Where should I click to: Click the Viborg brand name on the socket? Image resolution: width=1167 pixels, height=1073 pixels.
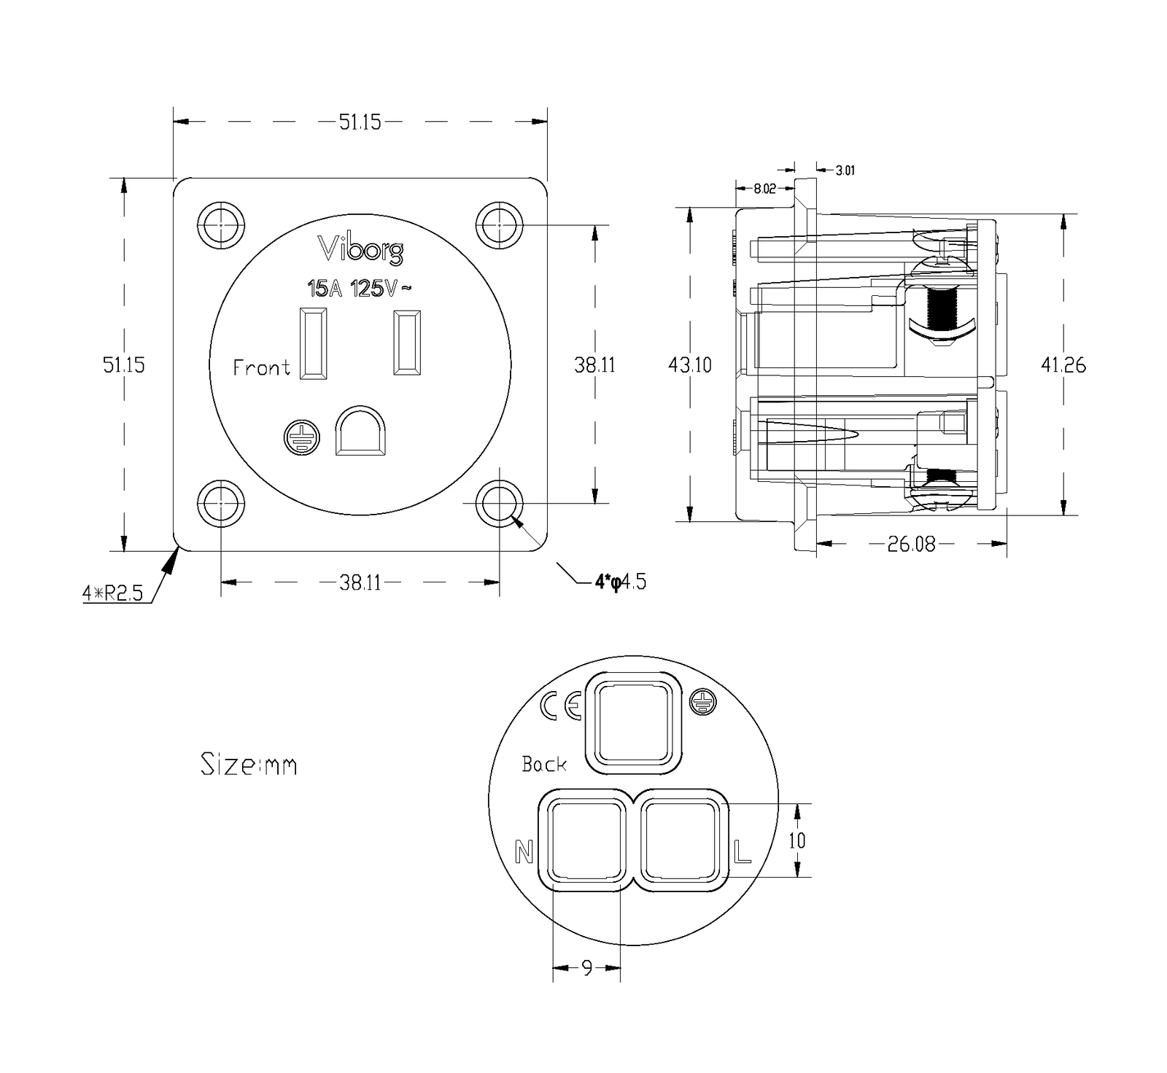coord(360,249)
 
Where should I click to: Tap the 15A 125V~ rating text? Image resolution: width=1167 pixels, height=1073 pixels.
coord(360,289)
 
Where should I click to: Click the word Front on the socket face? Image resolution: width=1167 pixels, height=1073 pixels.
coord(261,367)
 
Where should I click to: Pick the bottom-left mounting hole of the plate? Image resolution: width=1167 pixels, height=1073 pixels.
coord(220,503)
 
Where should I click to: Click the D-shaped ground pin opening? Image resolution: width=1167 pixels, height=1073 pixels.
coord(361,431)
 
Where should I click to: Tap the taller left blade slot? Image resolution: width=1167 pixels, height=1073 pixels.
coord(313,343)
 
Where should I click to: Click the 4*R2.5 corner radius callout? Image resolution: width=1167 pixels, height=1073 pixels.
coord(112,593)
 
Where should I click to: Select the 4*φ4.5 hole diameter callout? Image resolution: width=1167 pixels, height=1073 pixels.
coord(621,582)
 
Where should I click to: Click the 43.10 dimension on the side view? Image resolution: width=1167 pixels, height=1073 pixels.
coord(690,364)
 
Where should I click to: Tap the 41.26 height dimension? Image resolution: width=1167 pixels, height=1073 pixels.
coord(1063,364)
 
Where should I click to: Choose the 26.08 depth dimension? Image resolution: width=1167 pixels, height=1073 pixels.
coord(911,544)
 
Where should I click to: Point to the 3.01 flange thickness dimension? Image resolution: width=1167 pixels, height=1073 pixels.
coord(845,171)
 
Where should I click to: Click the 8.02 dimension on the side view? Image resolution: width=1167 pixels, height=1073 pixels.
coord(765,189)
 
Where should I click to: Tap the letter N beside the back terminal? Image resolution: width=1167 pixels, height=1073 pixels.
coord(524,851)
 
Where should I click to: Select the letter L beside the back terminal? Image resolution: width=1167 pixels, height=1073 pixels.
coord(743,851)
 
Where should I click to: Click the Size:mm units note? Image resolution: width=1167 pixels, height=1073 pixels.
coord(249,765)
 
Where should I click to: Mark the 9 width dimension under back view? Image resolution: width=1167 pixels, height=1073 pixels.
coord(587,968)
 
